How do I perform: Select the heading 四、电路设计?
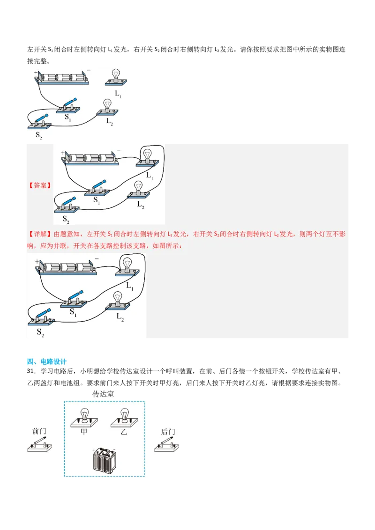[47, 361]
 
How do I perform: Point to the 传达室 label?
[103, 394]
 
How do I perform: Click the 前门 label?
[39, 431]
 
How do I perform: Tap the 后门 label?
[167, 431]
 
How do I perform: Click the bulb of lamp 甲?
[84, 414]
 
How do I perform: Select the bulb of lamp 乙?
[124, 414]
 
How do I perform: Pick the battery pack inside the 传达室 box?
[104, 459]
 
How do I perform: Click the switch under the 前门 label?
[39, 445]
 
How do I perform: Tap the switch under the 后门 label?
[167, 445]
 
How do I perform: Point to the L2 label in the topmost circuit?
[109, 121]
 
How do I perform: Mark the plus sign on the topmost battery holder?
[36, 73]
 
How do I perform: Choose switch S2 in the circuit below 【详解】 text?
[41, 317]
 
